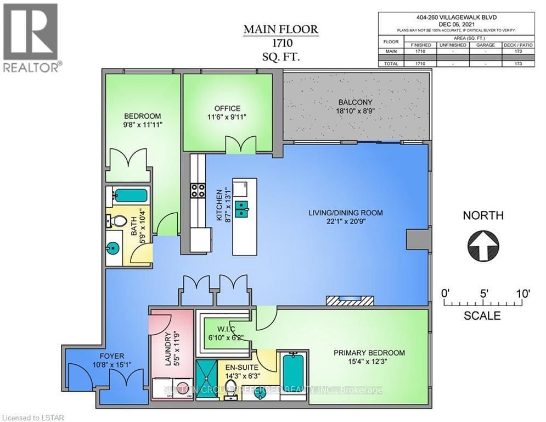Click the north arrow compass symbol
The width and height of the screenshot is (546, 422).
tap(483, 245)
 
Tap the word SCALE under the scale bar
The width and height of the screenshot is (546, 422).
tap(482, 316)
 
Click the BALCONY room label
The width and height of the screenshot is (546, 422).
tap(355, 103)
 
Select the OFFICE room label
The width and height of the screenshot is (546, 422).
tap(227, 108)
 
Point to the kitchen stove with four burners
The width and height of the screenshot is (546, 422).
tap(197, 190)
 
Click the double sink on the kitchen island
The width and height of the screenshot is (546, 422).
tap(241, 208)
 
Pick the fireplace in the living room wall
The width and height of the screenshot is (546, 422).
tap(350, 300)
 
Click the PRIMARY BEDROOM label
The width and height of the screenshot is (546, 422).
tap(369, 353)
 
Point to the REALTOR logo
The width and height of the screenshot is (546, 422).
tap(32, 38)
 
